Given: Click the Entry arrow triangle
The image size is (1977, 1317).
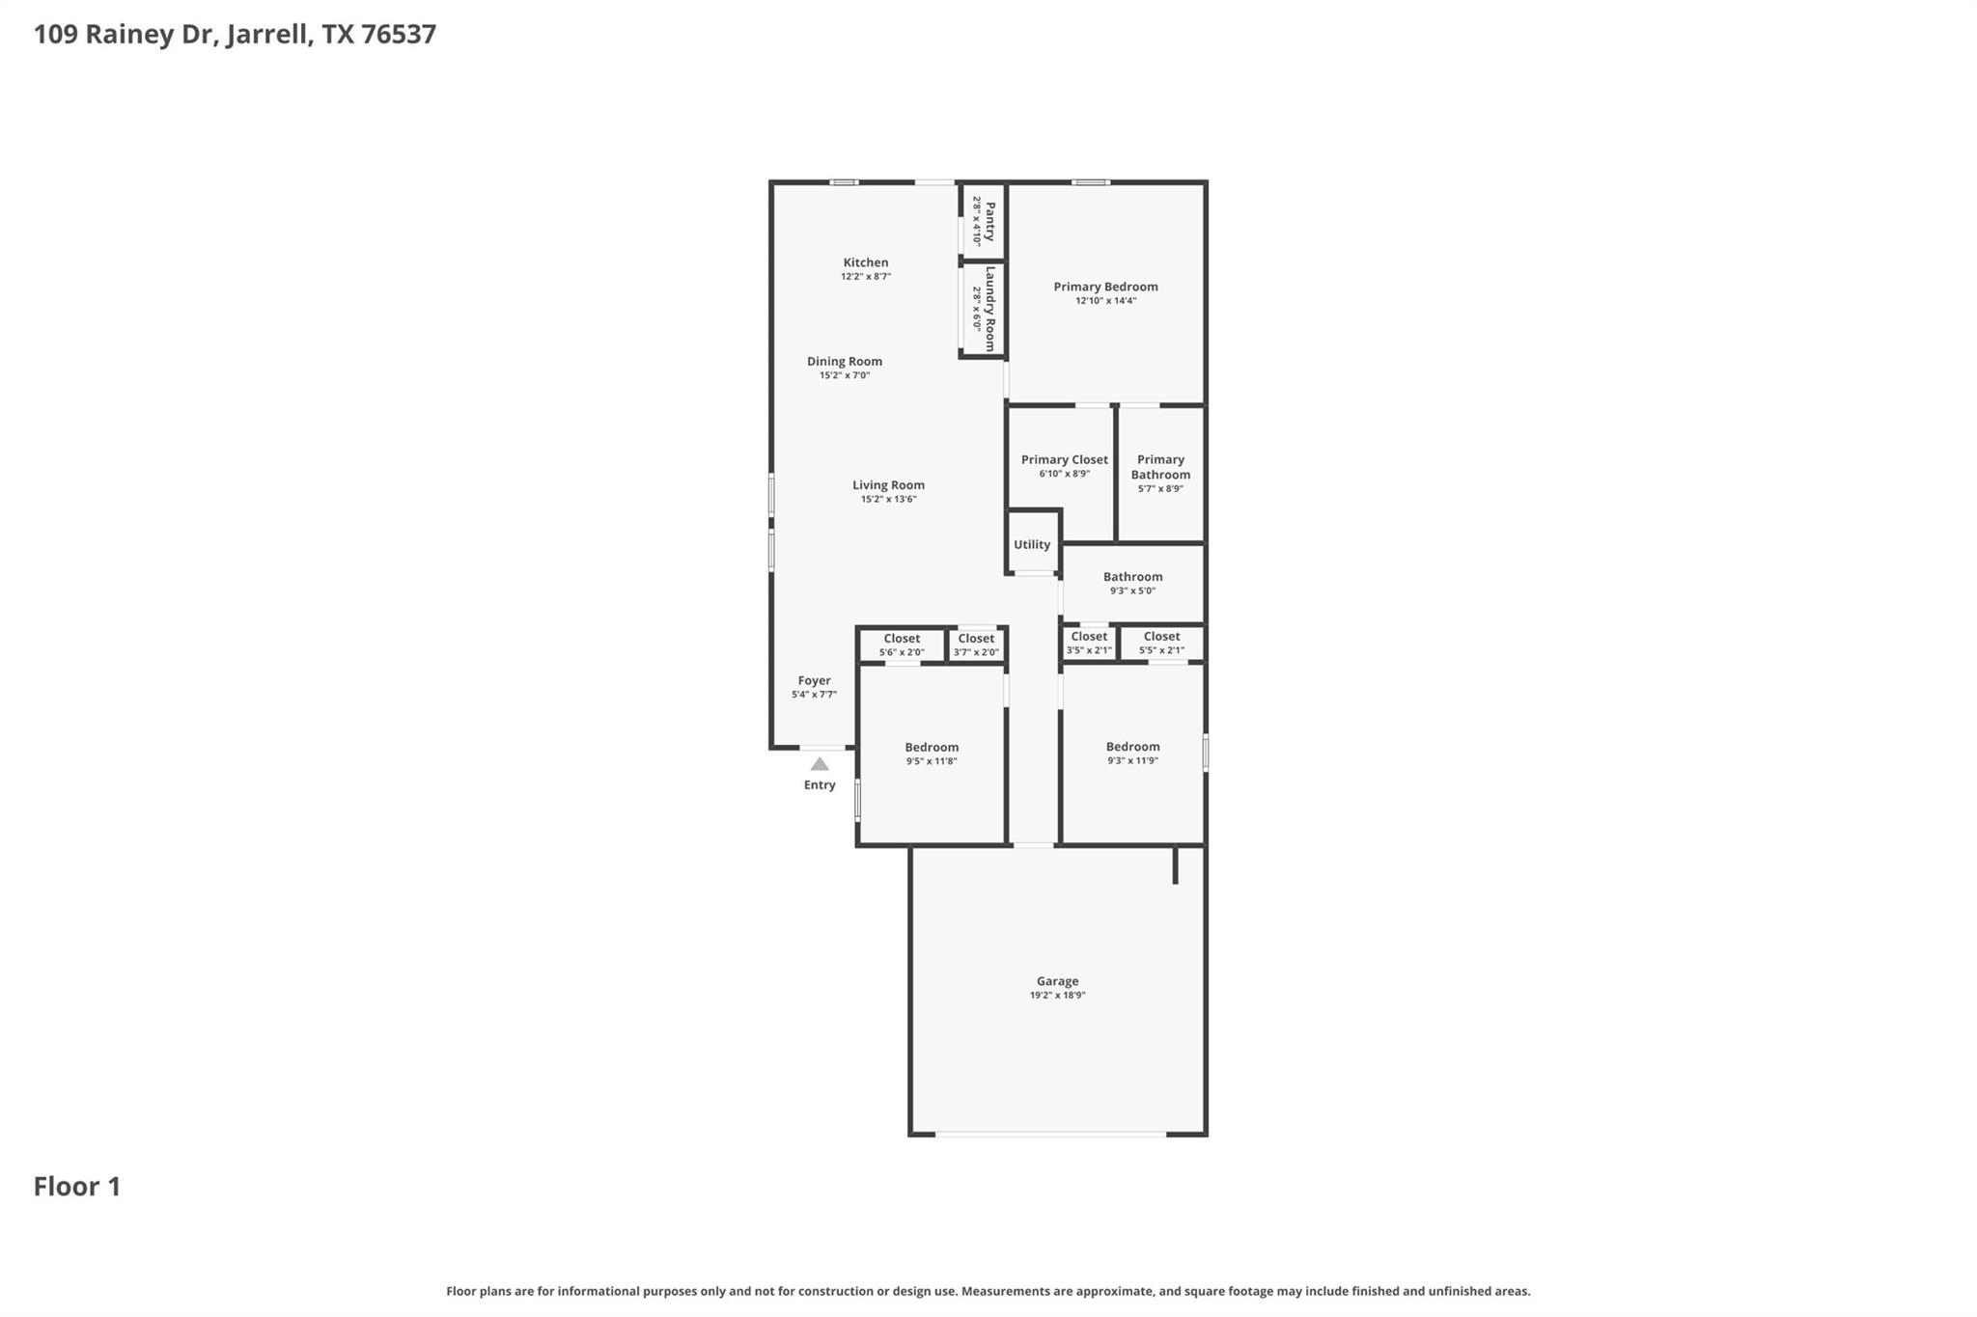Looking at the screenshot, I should click(x=820, y=764).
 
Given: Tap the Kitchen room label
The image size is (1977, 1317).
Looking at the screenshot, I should click(x=866, y=262).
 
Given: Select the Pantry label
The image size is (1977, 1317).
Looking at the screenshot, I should click(x=989, y=221).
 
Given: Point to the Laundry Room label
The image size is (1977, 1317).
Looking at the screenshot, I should click(x=989, y=309).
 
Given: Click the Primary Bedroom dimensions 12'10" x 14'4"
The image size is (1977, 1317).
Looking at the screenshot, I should click(x=1105, y=301).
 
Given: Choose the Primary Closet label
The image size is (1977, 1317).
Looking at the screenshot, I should click(x=1065, y=460).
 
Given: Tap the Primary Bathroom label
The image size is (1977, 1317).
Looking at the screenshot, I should click(x=1160, y=467).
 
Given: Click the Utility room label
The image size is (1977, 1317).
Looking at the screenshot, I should click(x=1032, y=545).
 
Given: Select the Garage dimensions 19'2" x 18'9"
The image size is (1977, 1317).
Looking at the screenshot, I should click(x=1057, y=996).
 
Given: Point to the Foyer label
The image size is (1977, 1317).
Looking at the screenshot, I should click(x=814, y=681).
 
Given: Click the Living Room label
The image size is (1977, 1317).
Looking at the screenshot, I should click(x=888, y=485).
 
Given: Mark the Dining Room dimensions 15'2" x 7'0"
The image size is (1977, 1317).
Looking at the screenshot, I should click(x=845, y=375).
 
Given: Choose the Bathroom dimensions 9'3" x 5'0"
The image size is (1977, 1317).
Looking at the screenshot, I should click(x=1132, y=591).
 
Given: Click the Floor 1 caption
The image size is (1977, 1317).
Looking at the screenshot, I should click(x=77, y=1187).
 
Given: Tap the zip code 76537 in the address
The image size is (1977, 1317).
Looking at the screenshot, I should click(x=399, y=35).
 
